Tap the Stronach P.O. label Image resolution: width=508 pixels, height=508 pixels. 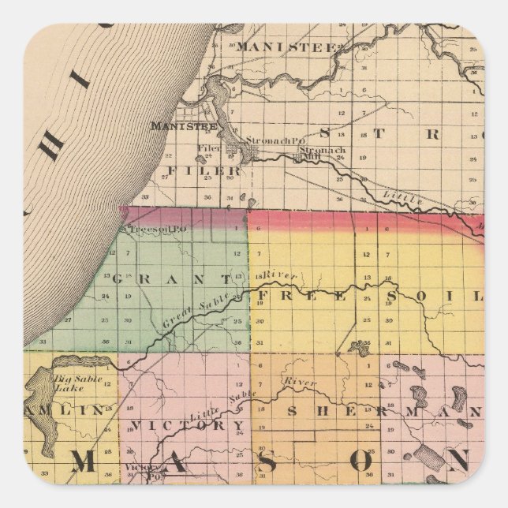tap(264, 140)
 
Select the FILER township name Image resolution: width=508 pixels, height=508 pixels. tap(203, 170)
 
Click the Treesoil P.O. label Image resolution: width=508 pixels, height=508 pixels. tap(151, 229)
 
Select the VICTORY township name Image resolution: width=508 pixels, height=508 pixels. tap(189, 425)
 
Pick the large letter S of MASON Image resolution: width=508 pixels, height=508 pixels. tap(267, 463)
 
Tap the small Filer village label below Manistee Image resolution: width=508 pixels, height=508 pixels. tap(207, 148)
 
